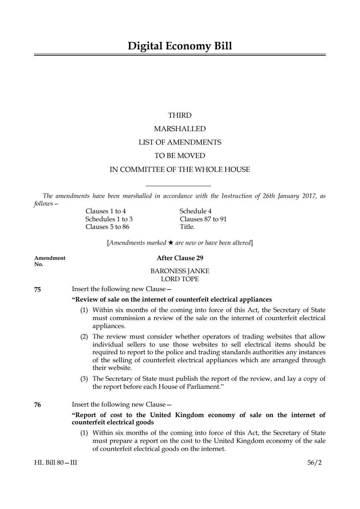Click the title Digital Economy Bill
(180, 46)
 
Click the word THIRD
(180, 115)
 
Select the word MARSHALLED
(180, 129)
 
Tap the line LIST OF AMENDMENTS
(180, 142)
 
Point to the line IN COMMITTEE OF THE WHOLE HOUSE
(180, 169)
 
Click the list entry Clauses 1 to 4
(106, 211)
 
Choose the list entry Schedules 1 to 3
(109, 219)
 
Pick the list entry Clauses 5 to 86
(107, 227)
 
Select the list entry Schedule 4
(195, 211)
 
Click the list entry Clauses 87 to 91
(203, 219)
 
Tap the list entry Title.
(187, 227)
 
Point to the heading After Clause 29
(180, 258)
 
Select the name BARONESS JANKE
(180, 271)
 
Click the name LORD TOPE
(180, 279)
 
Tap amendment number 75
(37, 290)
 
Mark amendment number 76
(37, 405)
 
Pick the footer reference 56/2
(314, 462)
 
